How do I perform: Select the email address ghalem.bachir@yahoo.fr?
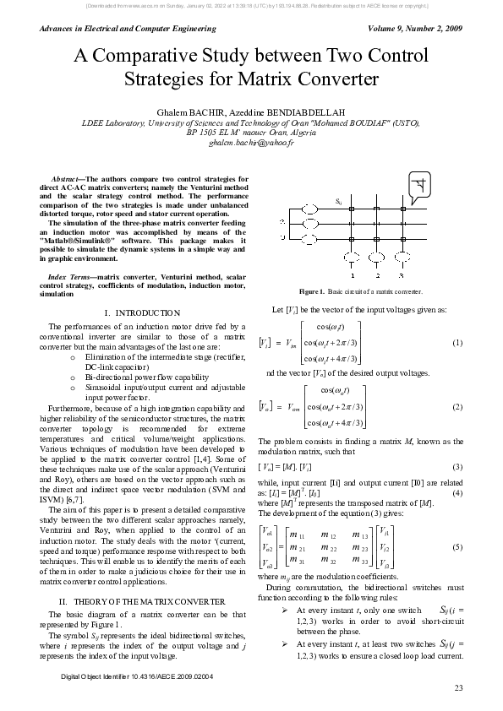pos(251,144)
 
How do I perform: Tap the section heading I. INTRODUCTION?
pos(142,312)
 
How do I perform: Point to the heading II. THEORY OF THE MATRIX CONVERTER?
pos(142,576)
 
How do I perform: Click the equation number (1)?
pos(457,342)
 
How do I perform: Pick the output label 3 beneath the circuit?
pos(402,275)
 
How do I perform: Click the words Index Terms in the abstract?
pos(70,277)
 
